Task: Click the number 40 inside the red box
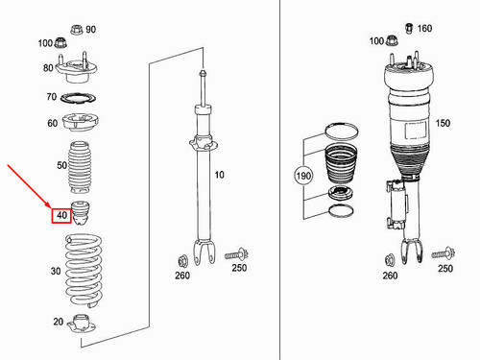tap(61, 215)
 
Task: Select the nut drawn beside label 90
tap(74, 30)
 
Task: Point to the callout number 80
tap(48, 67)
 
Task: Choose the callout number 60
tap(52, 123)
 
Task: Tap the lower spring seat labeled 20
tap(84, 325)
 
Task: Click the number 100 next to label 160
tap(375, 42)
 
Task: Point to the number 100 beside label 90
tap(45, 43)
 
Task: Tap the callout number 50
tap(61, 165)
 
